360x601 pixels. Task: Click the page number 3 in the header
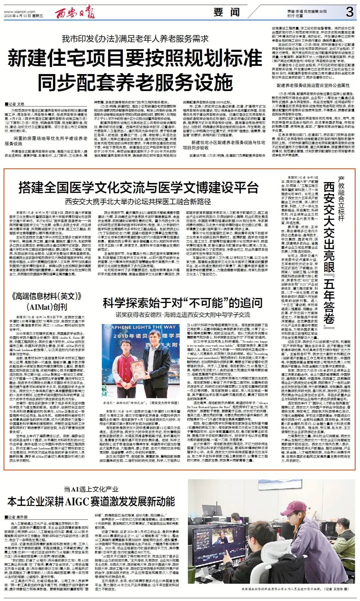(349, 12)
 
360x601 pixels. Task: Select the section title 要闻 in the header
(227, 12)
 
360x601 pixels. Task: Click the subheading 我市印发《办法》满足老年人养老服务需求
(135, 39)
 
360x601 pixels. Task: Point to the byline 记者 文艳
(15, 104)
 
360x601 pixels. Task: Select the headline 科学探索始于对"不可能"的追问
(183, 303)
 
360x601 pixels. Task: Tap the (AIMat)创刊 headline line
(47, 307)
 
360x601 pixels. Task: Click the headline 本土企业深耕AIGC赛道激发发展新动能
(91, 502)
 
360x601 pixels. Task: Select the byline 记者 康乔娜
(16, 517)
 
